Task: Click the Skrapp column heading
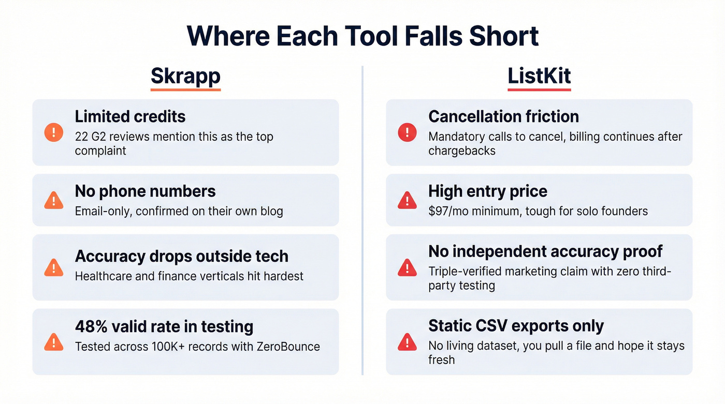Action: click(x=185, y=76)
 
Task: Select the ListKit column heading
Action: click(x=539, y=76)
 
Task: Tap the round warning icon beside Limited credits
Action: click(x=54, y=133)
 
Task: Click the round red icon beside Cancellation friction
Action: click(x=407, y=133)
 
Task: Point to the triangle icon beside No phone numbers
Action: click(x=54, y=200)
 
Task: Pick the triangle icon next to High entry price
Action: click(x=407, y=200)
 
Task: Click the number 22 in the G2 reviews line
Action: click(x=82, y=137)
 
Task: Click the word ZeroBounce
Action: click(x=288, y=346)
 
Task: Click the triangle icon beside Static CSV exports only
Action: click(x=407, y=341)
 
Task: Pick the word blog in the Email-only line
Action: click(x=270, y=211)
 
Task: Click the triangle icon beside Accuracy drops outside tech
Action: click(x=54, y=267)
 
